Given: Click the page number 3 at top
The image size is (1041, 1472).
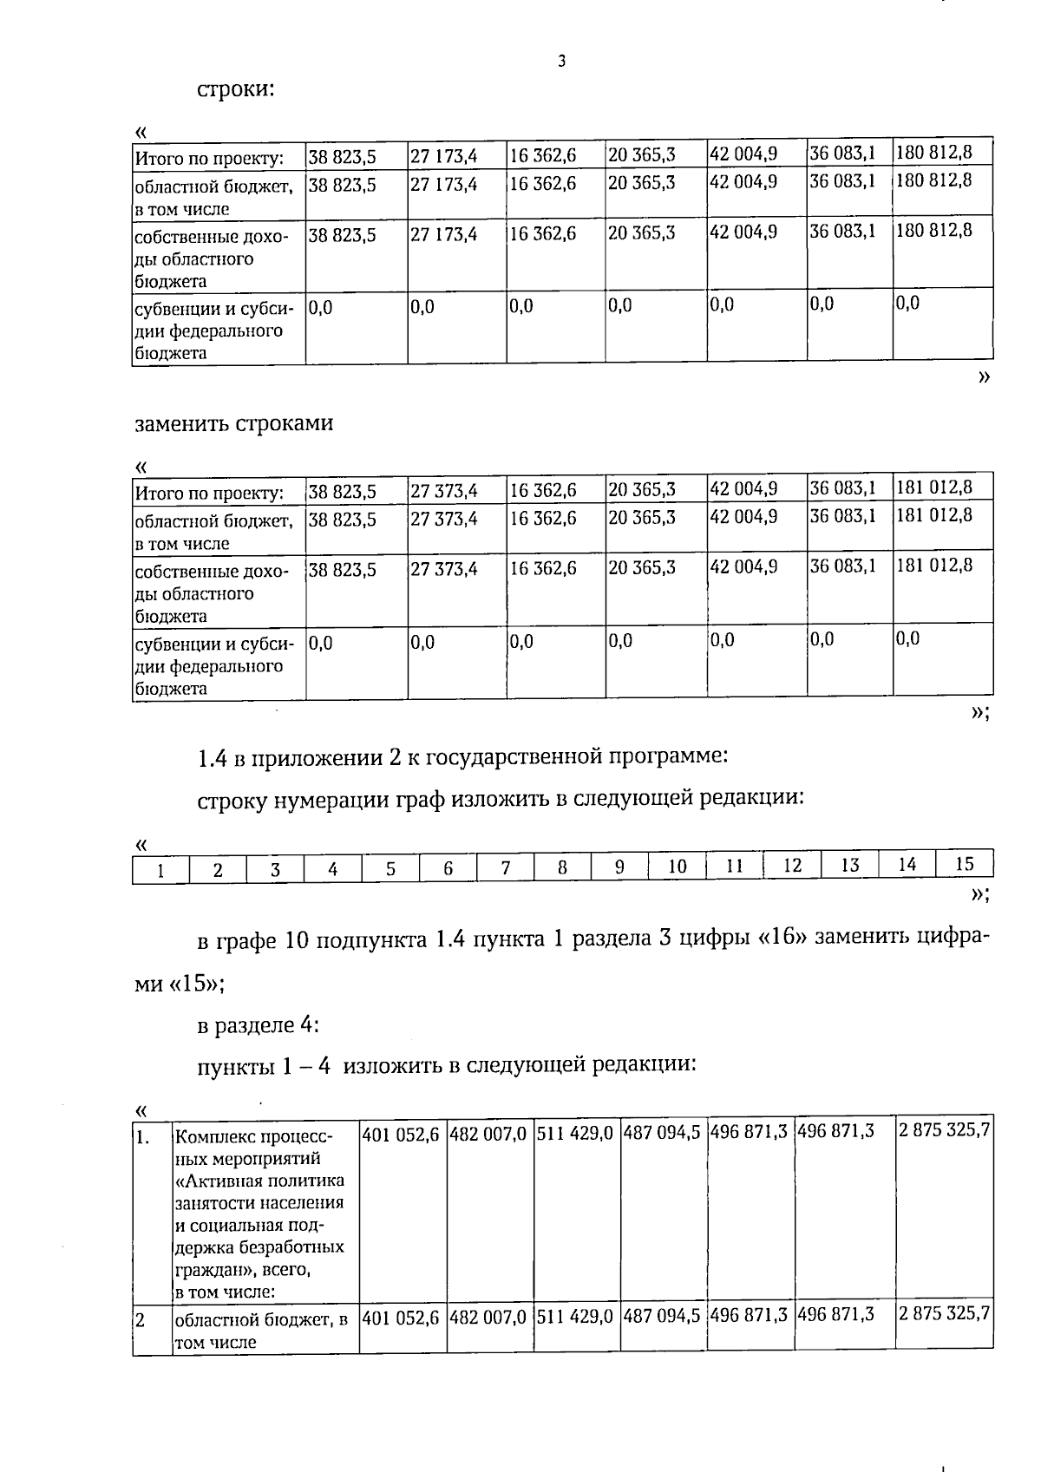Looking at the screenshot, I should pyautogui.click(x=562, y=62).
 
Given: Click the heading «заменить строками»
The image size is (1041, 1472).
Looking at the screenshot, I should pyautogui.click(x=233, y=423).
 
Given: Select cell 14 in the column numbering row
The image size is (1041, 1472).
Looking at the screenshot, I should pyautogui.click(x=907, y=865).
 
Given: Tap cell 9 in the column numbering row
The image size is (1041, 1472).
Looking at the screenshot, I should pyautogui.click(x=619, y=867).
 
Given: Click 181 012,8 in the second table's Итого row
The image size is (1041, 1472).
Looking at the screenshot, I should pyautogui.click(x=933, y=487).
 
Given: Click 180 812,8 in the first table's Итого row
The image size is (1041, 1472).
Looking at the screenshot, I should pyautogui.click(x=933, y=153).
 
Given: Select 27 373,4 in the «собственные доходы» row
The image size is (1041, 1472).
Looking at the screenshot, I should pyautogui.click(x=443, y=569).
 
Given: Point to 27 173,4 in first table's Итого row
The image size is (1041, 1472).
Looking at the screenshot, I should pyautogui.click(x=443, y=157).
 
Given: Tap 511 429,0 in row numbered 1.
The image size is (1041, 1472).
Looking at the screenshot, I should pyautogui.click(x=574, y=1133).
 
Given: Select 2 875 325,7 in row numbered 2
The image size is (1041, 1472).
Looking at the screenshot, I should pyautogui.click(x=944, y=1313).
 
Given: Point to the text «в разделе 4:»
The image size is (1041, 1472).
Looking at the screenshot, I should pyautogui.click(x=259, y=1025).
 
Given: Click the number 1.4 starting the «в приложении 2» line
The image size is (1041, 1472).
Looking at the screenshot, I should pyautogui.click(x=212, y=757).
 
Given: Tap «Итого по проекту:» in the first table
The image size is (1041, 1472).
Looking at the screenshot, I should pyautogui.click(x=209, y=159).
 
